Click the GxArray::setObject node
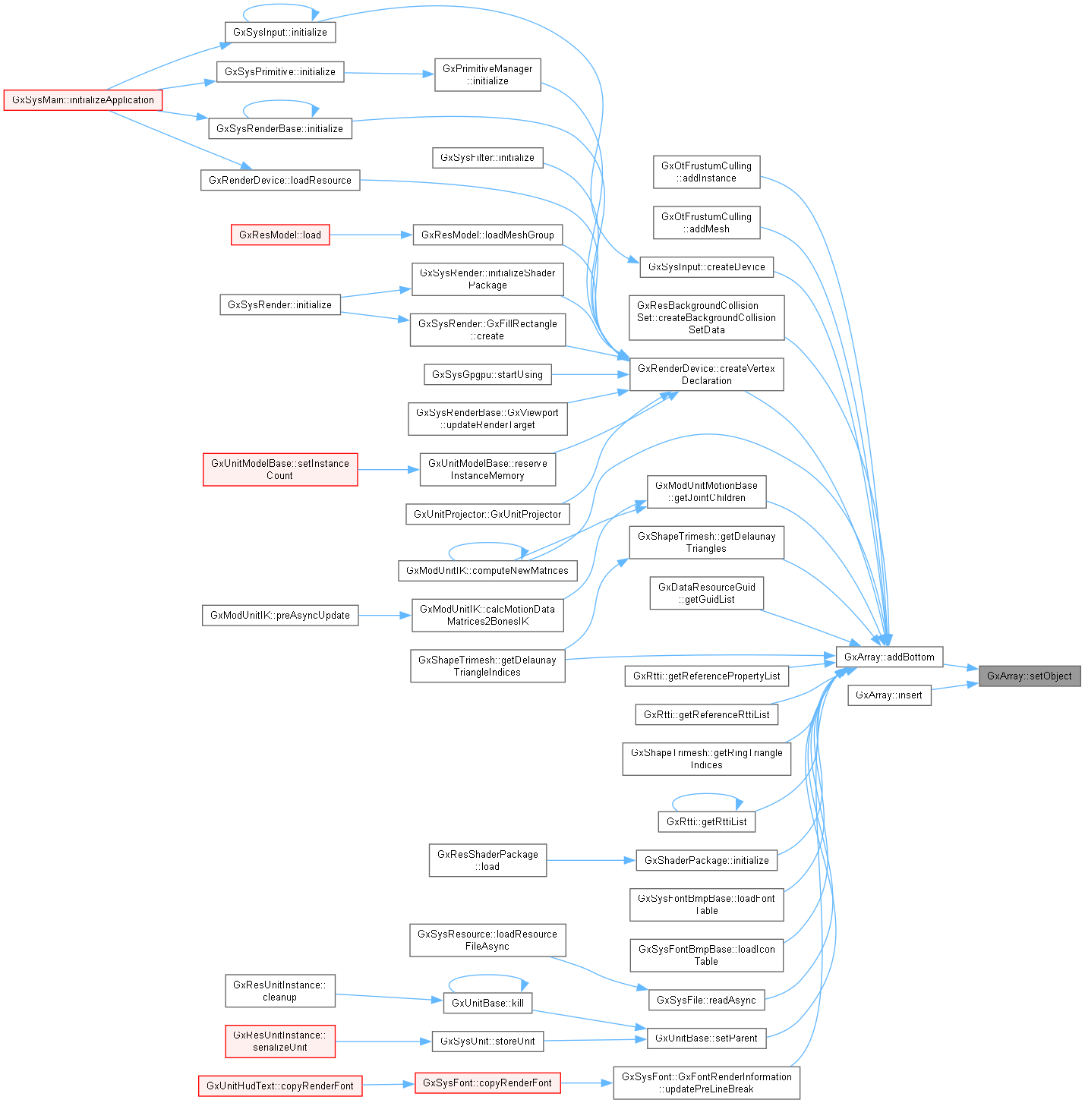[x=1029, y=676]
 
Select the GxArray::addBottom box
[x=889, y=657]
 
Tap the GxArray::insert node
[x=888, y=695]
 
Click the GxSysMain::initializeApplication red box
[x=83, y=100]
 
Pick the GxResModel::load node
[x=280, y=235]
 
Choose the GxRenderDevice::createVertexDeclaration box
[x=706, y=374]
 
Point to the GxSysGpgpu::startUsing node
[x=487, y=374]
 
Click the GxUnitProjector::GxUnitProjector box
[x=487, y=514]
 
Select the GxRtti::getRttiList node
[x=706, y=821]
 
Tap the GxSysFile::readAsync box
[x=706, y=1000]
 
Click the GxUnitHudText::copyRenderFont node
[x=280, y=1086]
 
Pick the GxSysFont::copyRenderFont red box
[x=487, y=1083]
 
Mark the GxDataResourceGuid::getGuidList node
[x=706, y=593]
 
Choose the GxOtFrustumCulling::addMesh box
[x=706, y=222]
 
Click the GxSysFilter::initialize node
[x=487, y=158]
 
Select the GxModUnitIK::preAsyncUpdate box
[x=280, y=615]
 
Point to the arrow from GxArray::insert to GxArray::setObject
[x=954, y=686]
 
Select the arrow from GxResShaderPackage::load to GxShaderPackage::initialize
[x=590, y=860]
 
